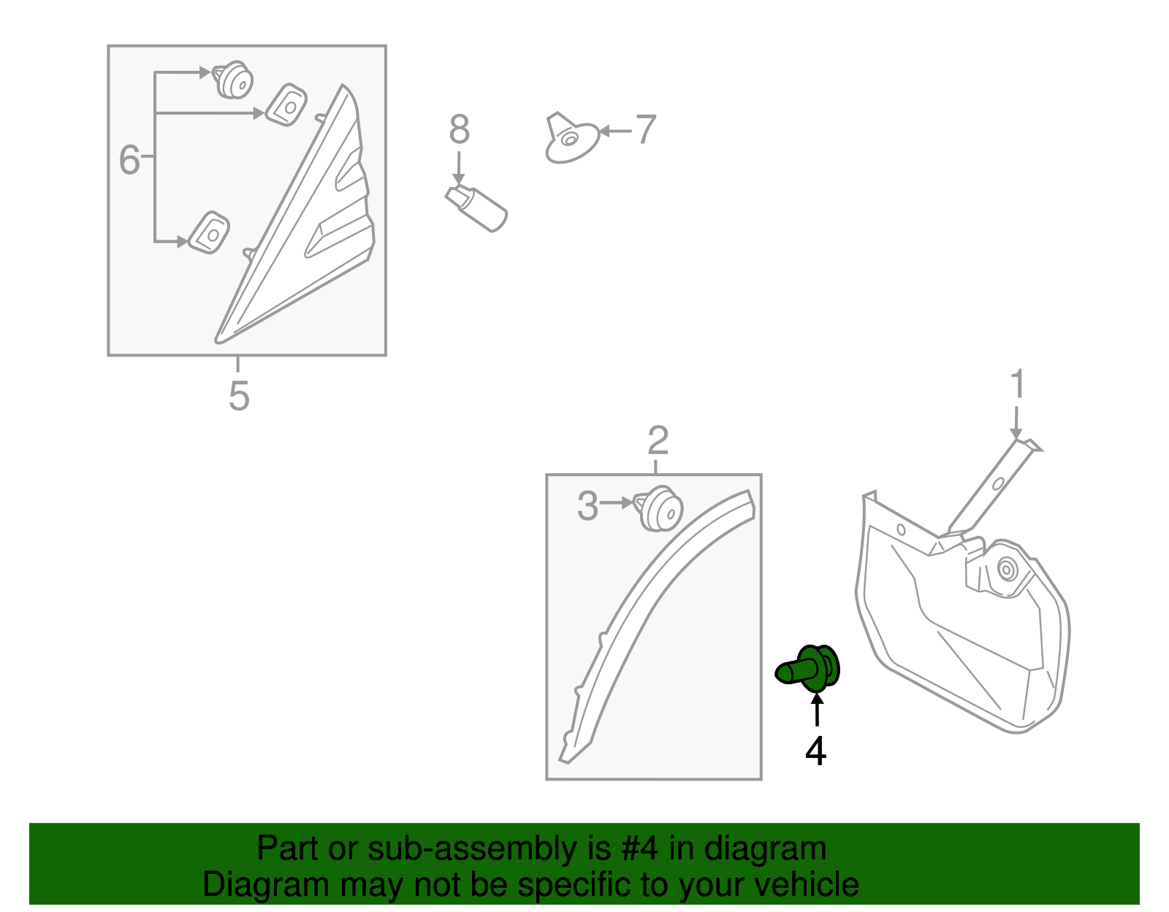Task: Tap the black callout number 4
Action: [815, 751]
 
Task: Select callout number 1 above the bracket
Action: [1017, 385]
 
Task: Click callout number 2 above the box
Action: [658, 441]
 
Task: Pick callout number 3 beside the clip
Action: [587, 506]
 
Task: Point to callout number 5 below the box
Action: [239, 396]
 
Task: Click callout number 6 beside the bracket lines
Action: [129, 160]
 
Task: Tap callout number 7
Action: [646, 130]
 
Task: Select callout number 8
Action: [459, 130]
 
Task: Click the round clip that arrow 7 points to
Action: [571, 139]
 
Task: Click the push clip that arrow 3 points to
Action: [660, 509]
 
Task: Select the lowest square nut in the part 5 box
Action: [209, 233]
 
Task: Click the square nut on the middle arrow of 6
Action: [286, 105]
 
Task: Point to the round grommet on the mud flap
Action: [1008, 570]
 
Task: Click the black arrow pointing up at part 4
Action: [817, 709]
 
